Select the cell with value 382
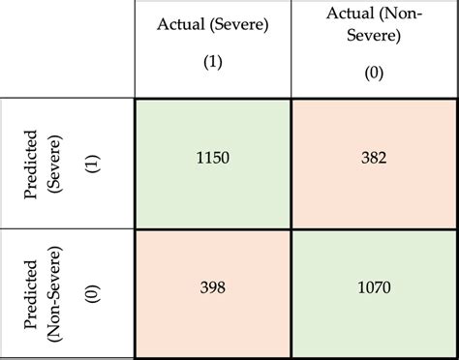tap(374, 164)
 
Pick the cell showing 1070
tap(374, 292)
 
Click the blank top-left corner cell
tap(68, 48)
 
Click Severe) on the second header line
tap(374, 38)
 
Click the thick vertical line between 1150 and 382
tap(292, 164)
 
